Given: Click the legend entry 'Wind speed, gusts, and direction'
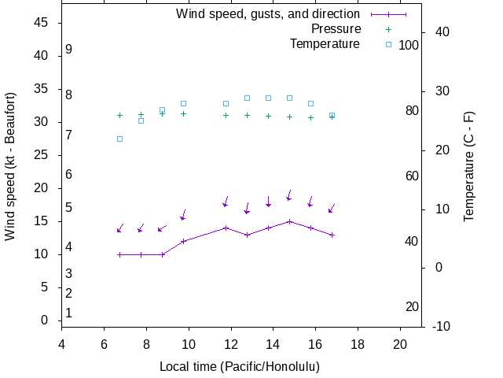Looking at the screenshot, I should click(267, 14).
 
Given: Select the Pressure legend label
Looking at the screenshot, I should click(336, 29).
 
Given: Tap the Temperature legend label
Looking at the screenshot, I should click(325, 44).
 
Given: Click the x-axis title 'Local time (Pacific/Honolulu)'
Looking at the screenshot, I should click(240, 367).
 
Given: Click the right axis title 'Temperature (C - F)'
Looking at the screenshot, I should click(469, 165).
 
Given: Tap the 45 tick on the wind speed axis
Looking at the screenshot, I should click(42, 23).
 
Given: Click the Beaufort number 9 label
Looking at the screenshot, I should click(69, 50).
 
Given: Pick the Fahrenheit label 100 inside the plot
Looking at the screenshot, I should click(409, 46).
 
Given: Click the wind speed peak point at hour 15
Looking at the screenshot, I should click(289, 221).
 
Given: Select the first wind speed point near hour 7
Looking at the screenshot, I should click(119, 254).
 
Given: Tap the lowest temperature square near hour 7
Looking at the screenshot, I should click(119, 139).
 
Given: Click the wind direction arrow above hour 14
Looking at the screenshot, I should click(268, 202).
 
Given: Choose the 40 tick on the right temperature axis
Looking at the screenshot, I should click(442, 31).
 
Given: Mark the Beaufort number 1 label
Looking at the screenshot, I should click(69, 313).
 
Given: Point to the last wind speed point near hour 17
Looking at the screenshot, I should click(332, 235).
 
